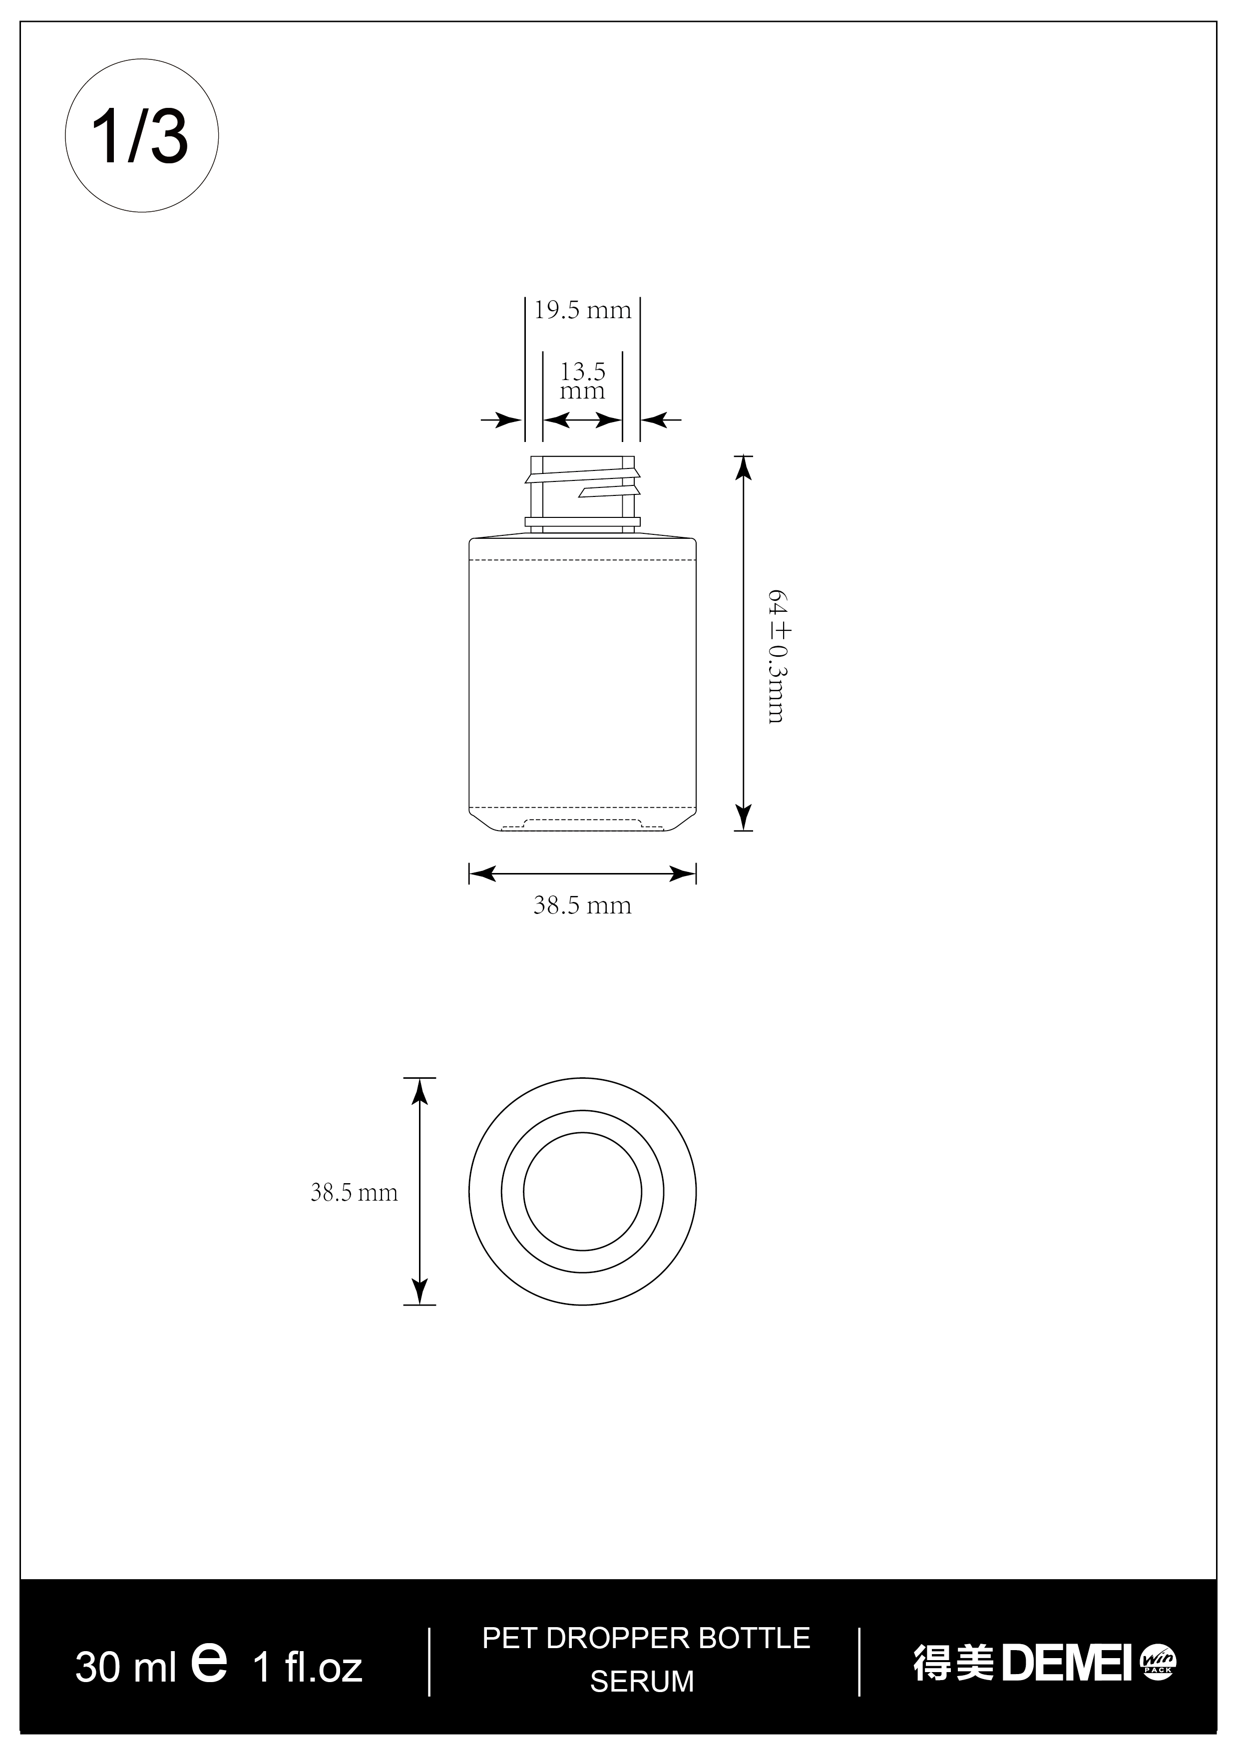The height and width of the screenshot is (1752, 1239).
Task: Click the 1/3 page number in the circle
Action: pyautogui.click(x=141, y=136)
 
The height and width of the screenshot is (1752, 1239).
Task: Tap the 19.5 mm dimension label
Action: pyautogui.click(x=582, y=311)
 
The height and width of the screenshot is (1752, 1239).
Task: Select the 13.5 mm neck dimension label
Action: pyautogui.click(x=582, y=381)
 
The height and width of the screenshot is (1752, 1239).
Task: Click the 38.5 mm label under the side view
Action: pyautogui.click(x=582, y=906)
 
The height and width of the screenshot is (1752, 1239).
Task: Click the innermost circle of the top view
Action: pyautogui.click(x=582, y=1192)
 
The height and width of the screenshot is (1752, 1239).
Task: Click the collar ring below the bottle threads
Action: pyautogui.click(x=582, y=523)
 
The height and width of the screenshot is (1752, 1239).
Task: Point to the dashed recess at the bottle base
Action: pyautogui.click(x=582, y=823)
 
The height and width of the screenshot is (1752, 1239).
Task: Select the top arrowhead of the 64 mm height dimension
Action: pyautogui.click(x=743, y=467)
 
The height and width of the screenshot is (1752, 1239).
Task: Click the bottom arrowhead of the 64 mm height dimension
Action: pyautogui.click(x=743, y=818)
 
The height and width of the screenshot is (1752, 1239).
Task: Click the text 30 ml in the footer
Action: pyautogui.click(x=126, y=1668)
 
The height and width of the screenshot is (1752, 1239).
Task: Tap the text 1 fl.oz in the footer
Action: pyautogui.click(x=308, y=1668)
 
